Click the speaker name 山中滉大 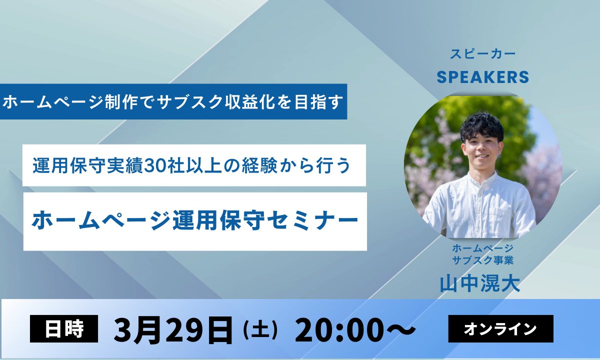point(480,283)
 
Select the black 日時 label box point(64,328)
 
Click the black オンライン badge point(500,328)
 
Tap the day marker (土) point(259,330)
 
